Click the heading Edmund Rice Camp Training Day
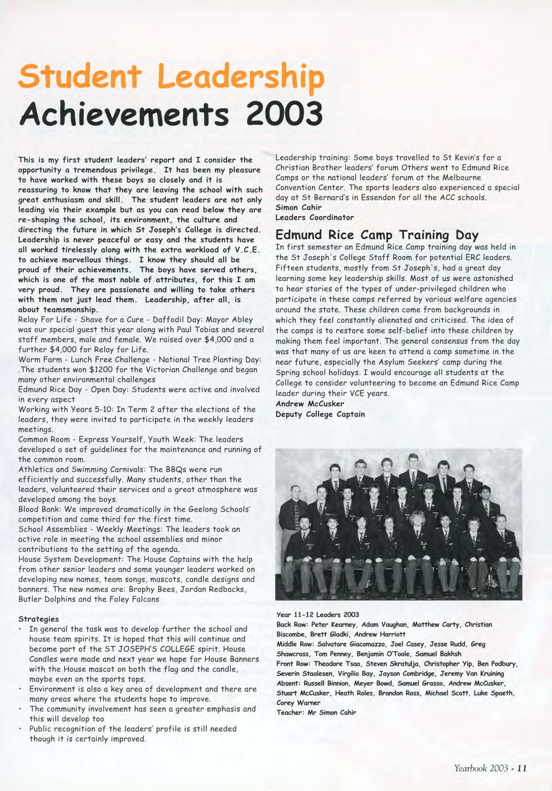point(377,235)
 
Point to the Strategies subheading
point(38,619)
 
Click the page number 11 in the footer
point(522,768)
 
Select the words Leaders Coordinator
point(315,217)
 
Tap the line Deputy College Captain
point(320,414)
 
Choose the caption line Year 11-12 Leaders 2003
point(318,614)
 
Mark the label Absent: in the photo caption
point(289,683)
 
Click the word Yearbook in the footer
point(471,768)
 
